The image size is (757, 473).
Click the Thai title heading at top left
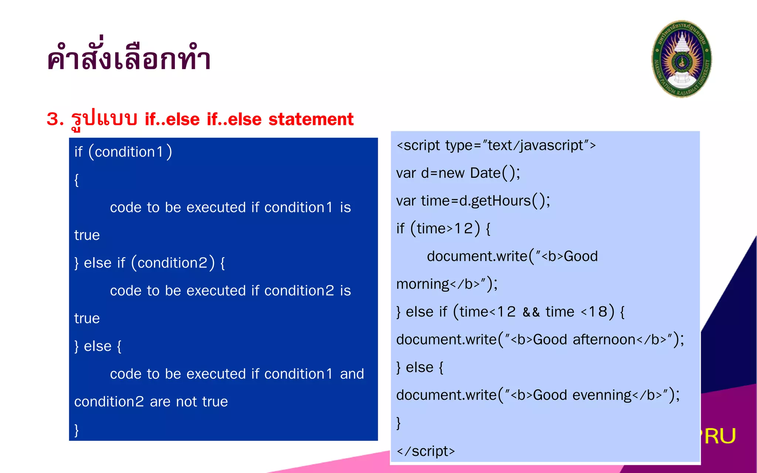pos(129,58)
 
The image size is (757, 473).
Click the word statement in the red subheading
pos(311,119)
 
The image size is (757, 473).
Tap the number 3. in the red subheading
pos(55,119)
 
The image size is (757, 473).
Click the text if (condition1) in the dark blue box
pos(123,152)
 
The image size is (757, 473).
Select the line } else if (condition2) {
pos(149,263)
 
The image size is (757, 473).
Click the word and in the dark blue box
pos(352,374)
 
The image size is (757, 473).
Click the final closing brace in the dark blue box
pos(77,430)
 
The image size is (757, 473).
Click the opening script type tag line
pos(496,146)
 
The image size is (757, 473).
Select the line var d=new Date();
pos(458,173)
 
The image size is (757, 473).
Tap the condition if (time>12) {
pos(443,229)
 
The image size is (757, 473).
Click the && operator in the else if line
pos(531,312)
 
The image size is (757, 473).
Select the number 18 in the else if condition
pos(598,312)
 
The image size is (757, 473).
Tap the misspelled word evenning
pos(602,395)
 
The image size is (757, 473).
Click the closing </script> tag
pos(425,451)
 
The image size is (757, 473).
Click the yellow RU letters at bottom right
pos(720,436)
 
